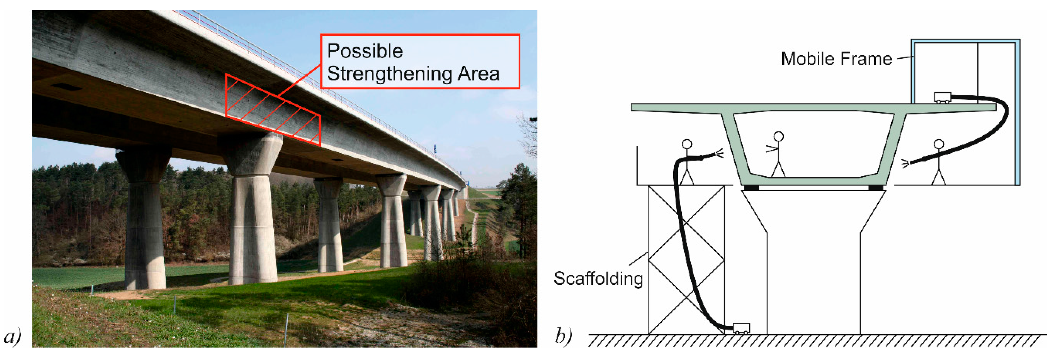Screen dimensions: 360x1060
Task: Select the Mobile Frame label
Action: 836,59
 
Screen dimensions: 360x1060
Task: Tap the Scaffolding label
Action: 598,278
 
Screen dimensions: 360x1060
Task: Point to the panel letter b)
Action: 563,336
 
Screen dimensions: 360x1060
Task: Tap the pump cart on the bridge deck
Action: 942,97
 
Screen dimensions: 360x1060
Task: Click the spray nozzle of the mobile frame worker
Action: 906,163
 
